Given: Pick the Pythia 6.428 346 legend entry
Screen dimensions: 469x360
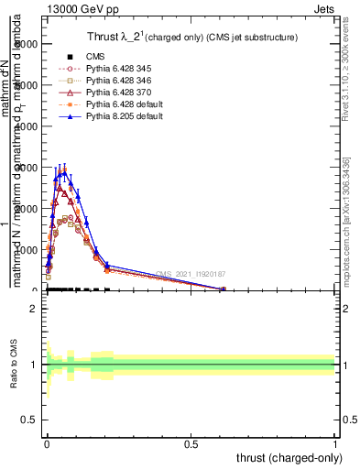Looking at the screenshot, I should [x=119, y=81].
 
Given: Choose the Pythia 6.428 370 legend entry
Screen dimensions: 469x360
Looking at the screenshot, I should [x=119, y=93].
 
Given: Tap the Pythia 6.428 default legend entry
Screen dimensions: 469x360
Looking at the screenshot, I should [x=124, y=105].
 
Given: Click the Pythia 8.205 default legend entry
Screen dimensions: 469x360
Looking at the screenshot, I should [x=124, y=117].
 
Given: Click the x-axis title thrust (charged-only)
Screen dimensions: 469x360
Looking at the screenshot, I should [x=291, y=456].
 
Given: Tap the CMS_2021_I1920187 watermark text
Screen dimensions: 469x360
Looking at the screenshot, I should [x=191, y=274].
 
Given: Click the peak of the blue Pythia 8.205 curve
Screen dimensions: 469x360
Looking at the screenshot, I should [x=64, y=170].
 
